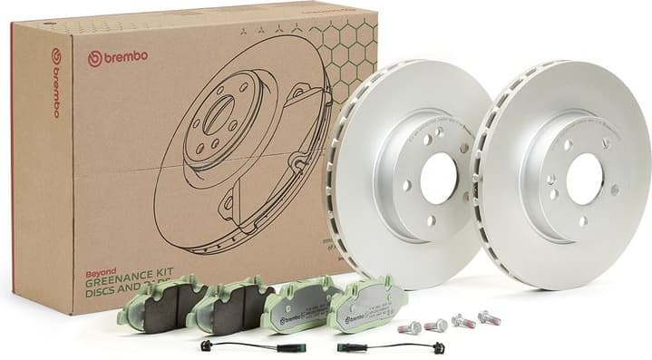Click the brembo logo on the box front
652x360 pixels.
tap(118, 57)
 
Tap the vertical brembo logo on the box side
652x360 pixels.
tap(55, 83)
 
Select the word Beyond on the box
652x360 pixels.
tap(99, 258)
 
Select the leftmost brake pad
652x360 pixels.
tap(163, 304)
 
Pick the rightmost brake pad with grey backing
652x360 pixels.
tap(368, 304)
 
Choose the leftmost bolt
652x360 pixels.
tap(413, 327)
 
